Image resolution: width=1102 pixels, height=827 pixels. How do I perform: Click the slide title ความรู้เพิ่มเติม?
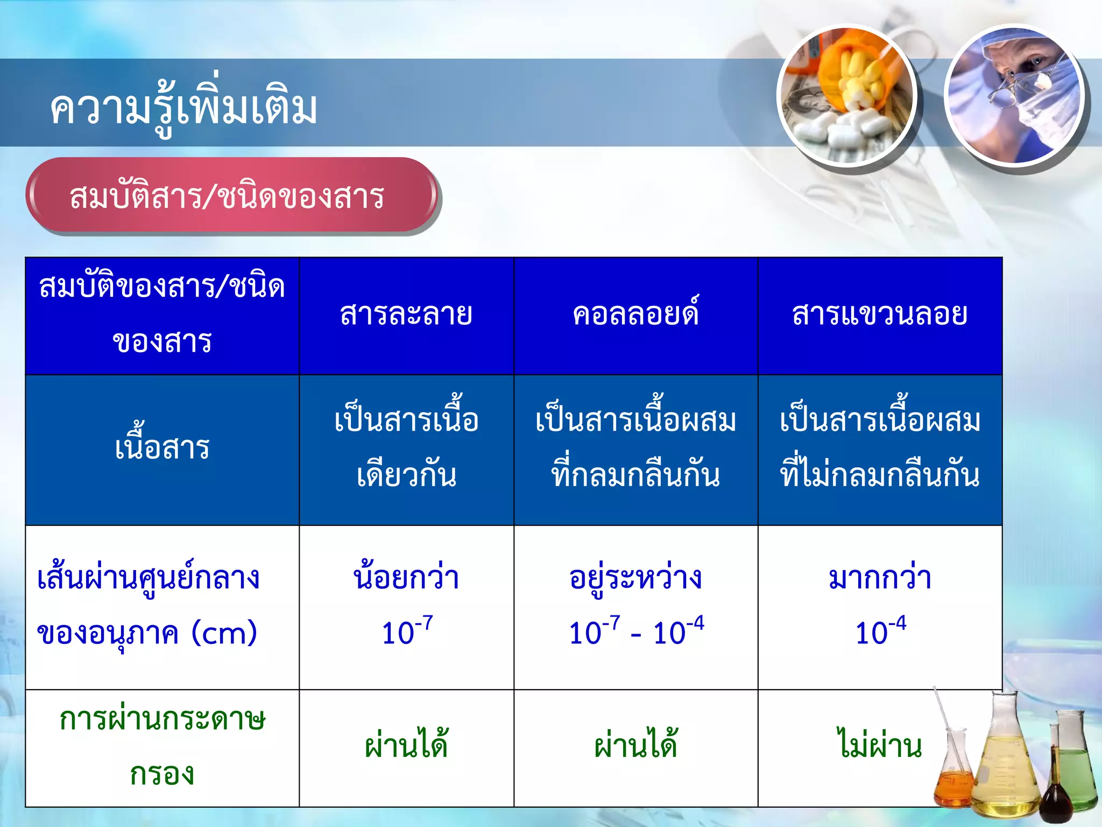[x=183, y=108]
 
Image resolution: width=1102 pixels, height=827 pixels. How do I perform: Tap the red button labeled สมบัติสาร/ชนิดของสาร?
[x=227, y=196]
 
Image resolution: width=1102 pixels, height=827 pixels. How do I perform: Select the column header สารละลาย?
[x=406, y=314]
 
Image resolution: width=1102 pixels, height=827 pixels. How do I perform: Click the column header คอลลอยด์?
[x=635, y=314]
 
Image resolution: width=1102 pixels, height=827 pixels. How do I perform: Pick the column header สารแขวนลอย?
[x=880, y=314]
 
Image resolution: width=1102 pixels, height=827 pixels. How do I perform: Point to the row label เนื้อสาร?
[x=162, y=448]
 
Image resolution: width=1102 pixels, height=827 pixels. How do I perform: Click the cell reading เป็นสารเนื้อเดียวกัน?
[x=406, y=448]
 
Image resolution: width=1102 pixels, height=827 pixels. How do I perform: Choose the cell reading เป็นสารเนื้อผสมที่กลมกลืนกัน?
[x=635, y=448]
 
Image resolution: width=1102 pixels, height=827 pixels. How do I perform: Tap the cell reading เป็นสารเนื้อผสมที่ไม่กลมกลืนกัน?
[x=880, y=448]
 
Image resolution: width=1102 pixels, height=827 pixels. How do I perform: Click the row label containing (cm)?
[x=147, y=605]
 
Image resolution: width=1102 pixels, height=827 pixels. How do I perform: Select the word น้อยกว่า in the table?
[x=406, y=578]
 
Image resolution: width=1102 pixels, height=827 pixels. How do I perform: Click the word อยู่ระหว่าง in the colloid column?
[x=635, y=578]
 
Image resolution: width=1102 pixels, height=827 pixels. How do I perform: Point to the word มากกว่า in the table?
[x=880, y=578]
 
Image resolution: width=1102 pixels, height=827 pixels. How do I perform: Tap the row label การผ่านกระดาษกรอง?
[x=162, y=746]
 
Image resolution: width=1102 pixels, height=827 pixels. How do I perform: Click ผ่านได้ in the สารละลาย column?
[x=406, y=745]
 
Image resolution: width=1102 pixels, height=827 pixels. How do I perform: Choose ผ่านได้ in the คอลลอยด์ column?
[x=635, y=745]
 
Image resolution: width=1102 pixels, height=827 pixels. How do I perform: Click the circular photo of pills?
[x=847, y=96]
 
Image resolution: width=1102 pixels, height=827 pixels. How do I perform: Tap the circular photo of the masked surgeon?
[x=1015, y=96]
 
